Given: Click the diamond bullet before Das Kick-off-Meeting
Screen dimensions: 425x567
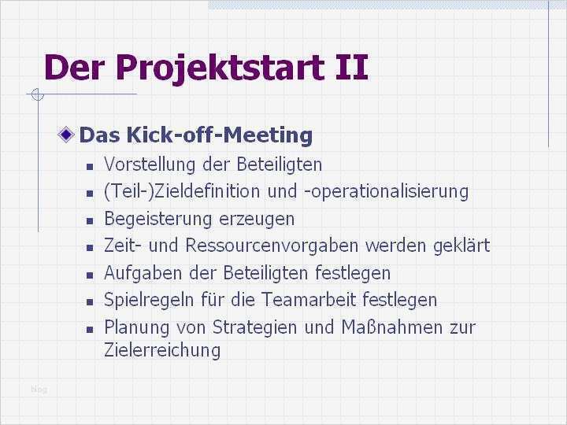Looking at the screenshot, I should (x=69, y=135).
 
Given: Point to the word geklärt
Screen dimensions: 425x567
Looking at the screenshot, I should (x=461, y=246).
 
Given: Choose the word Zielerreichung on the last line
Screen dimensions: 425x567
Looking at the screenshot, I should (x=161, y=350).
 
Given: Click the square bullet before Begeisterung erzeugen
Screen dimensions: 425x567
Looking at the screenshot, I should (x=90, y=220).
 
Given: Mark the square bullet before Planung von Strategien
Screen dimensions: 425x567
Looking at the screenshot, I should (x=90, y=328).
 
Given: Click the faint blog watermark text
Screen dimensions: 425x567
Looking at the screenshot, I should (x=39, y=389).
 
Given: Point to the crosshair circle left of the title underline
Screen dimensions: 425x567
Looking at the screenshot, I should (x=35, y=96).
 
